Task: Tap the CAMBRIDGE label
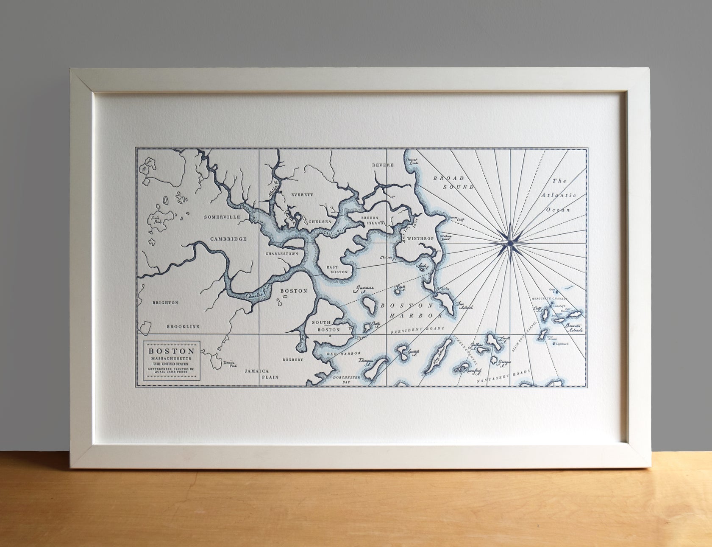pyautogui.click(x=228, y=239)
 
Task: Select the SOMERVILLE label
pyautogui.click(x=222, y=217)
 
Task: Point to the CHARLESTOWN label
pyautogui.click(x=282, y=253)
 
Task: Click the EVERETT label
pyautogui.click(x=302, y=195)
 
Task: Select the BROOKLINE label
pyautogui.click(x=183, y=326)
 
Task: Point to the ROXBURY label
pyautogui.click(x=293, y=359)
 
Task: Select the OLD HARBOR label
pyautogui.click(x=346, y=353)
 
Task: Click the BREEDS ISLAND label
pyautogui.click(x=372, y=220)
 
